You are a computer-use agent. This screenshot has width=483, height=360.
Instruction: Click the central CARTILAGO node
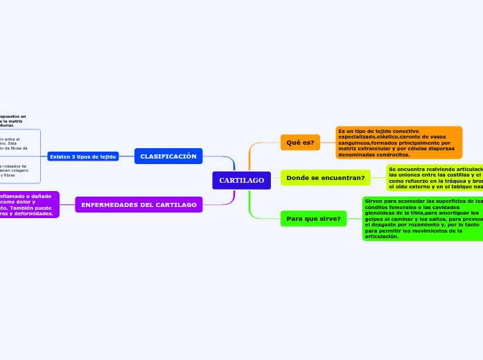pos(241,180)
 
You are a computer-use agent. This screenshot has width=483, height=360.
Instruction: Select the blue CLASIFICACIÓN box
pos(168,156)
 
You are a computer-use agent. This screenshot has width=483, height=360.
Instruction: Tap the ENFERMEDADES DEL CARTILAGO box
pos(139,205)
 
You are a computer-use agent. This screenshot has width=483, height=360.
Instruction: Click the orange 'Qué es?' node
pos(300,143)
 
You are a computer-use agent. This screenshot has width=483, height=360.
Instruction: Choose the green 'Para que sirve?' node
pos(313,219)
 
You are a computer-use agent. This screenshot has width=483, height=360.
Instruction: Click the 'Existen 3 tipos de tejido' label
pos(82,156)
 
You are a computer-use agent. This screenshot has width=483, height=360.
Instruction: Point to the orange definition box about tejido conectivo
pos(398,142)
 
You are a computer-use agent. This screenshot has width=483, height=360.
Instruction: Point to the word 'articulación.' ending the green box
pos(382,237)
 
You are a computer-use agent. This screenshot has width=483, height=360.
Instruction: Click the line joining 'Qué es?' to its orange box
pos(328,143)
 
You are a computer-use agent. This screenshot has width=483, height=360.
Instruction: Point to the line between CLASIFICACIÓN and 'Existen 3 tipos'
pos(126,156)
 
